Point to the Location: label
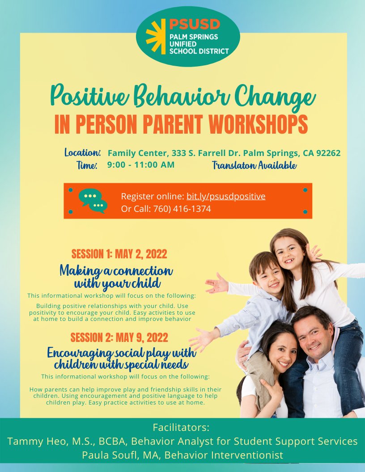(83, 152)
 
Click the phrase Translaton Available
(254, 166)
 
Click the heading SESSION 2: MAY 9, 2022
(119, 337)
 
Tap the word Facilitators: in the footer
(181, 427)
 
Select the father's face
(314, 336)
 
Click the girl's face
(290, 253)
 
